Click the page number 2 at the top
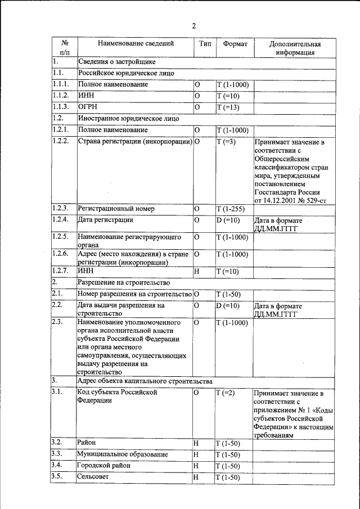click(x=193, y=26)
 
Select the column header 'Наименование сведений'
click(x=136, y=43)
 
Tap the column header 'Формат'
click(x=235, y=43)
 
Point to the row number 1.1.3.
click(x=60, y=107)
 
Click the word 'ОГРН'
click(x=89, y=107)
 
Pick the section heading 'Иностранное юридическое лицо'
click(x=129, y=118)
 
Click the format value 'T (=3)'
click(x=226, y=141)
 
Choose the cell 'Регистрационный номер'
click(x=116, y=209)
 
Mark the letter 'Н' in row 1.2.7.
click(x=196, y=272)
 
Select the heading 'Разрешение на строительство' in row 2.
click(x=124, y=282)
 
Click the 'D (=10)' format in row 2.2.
click(x=228, y=305)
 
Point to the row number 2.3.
click(x=57, y=322)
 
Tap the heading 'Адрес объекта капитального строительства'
click(x=145, y=381)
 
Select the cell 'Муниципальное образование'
click(x=122, y=454)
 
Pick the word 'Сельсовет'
click(x=93, y=477)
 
